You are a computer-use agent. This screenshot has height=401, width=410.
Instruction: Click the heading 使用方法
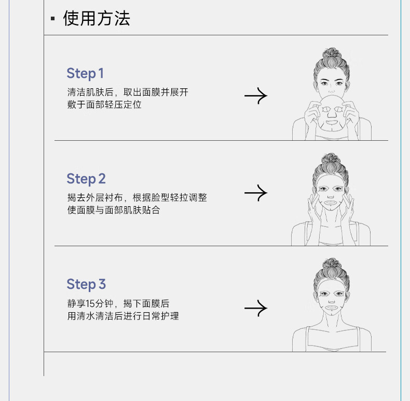[97, 18]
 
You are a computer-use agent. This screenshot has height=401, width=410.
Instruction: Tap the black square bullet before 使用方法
[53, 18]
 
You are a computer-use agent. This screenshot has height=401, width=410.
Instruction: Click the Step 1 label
[85, 73]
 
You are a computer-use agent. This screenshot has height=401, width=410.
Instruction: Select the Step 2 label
[86, 179]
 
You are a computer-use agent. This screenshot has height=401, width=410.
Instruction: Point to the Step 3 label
[86, 284]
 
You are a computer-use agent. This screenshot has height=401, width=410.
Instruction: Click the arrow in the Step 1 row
[256, 96]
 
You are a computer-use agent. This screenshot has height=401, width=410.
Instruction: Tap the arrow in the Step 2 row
[256, 193]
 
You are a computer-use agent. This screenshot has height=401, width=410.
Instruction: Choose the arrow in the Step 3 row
[256, 308]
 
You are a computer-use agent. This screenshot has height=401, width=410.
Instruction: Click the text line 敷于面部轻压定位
[104, 105]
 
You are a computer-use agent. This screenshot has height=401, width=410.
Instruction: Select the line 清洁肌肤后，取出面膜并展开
[128, 92]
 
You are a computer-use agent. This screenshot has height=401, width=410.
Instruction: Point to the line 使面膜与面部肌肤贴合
[114, 210]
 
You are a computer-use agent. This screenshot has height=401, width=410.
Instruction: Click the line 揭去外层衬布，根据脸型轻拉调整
[137, 197]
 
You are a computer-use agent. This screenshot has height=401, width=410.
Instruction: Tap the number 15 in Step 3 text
[90, 304]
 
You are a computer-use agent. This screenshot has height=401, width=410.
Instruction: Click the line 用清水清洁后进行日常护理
[123, 316]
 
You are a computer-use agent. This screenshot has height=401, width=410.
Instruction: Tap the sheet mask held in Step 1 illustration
[332, 113]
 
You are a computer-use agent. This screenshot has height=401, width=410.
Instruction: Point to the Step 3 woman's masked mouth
[331, 308]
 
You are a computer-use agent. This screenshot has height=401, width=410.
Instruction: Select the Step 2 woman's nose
[330, 195]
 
